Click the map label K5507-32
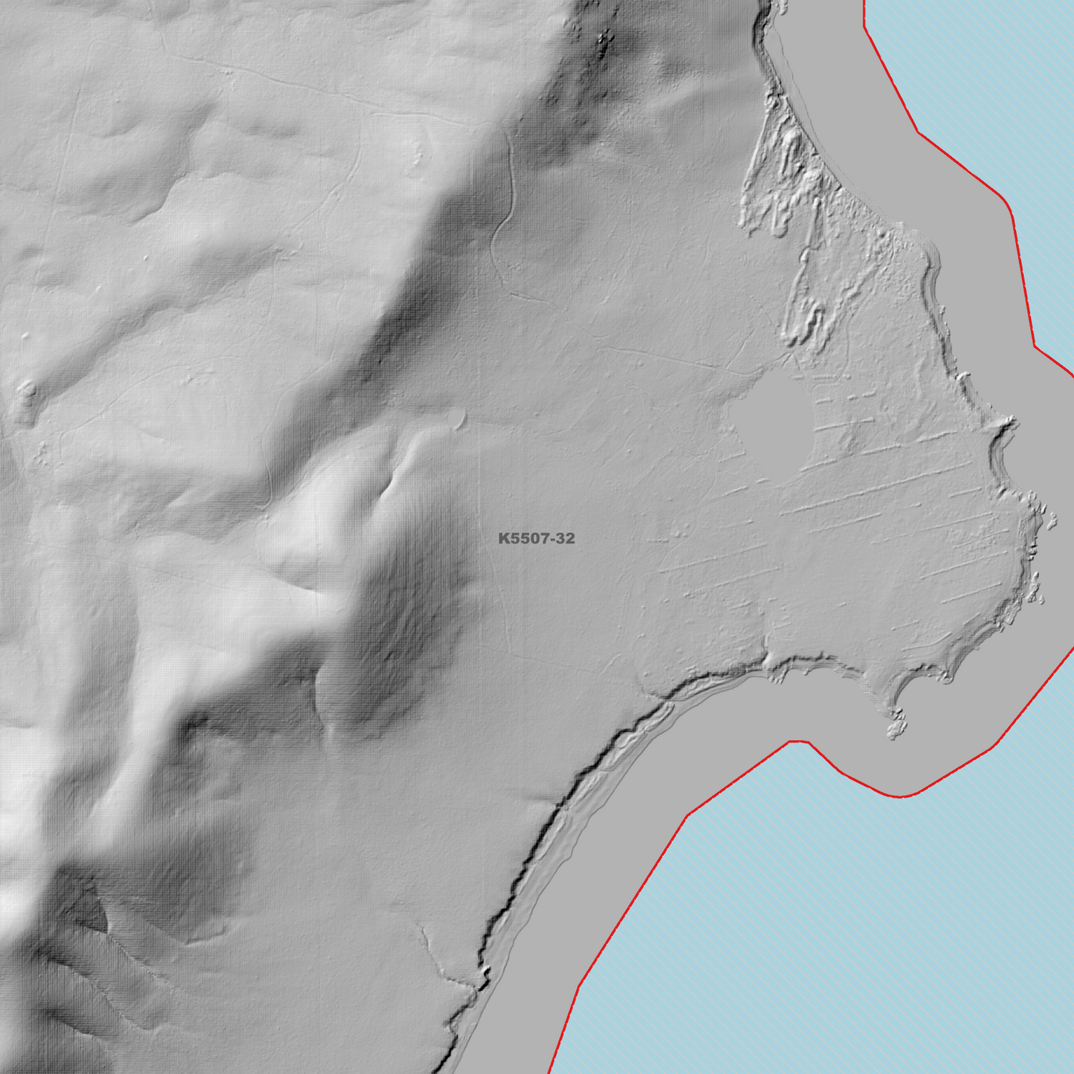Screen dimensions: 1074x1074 pos(537,538)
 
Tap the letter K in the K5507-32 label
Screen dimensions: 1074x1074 pos(503,538)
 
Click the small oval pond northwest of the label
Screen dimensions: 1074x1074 pos(456,419)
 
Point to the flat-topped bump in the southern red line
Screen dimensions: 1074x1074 pos(799,741)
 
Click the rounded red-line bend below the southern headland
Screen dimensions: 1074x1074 pos(902,796)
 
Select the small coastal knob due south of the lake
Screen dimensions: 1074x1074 pos(773,661)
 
